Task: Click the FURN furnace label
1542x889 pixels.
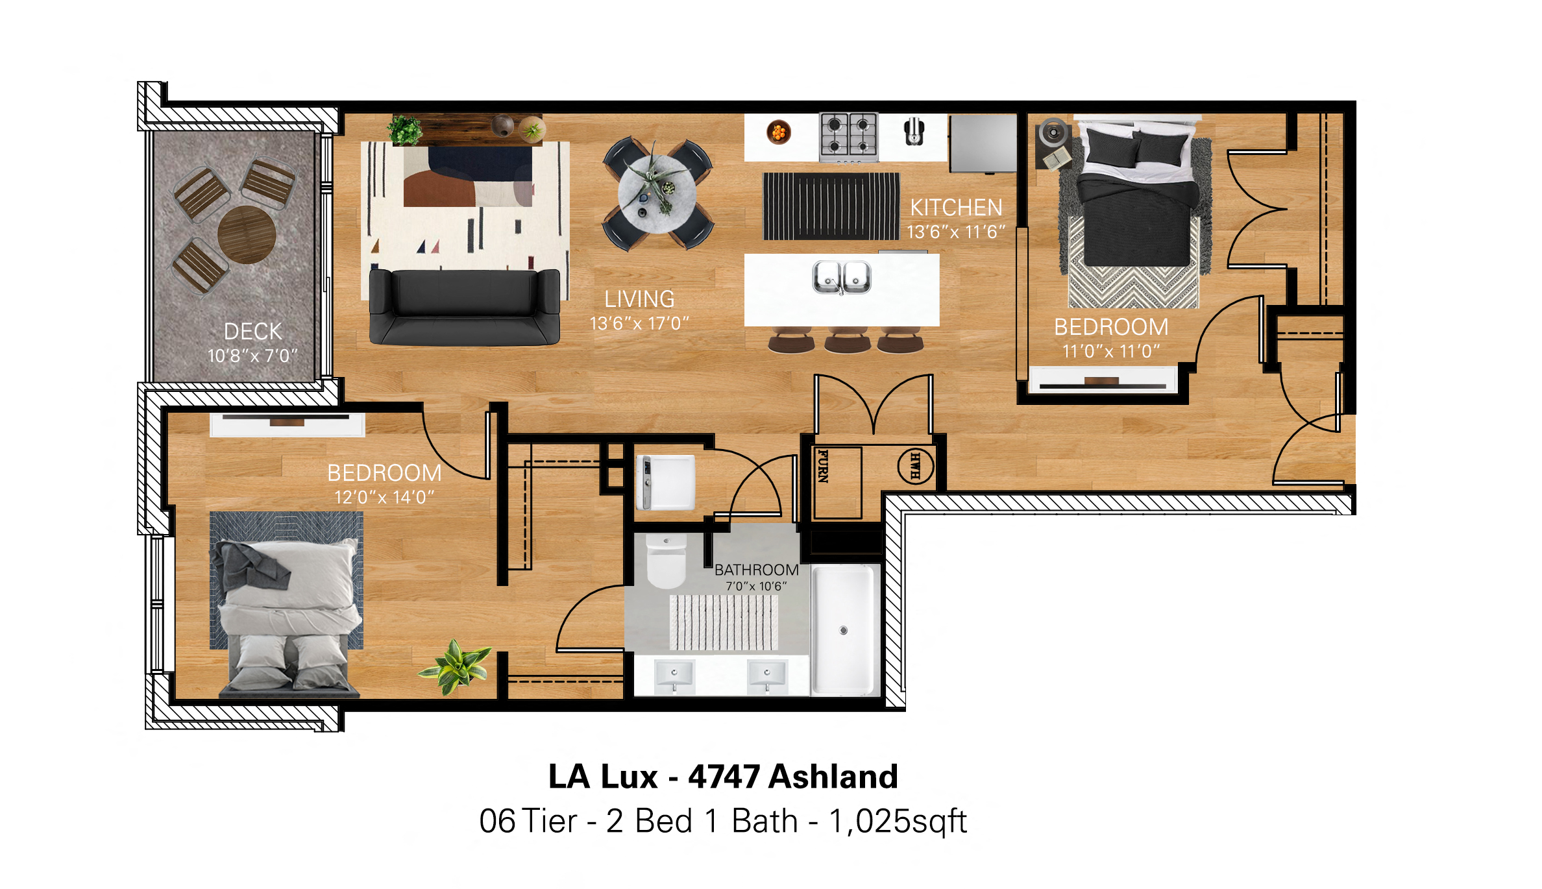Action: (x=823, y=466)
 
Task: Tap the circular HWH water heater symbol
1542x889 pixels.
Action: (x=916, y=466)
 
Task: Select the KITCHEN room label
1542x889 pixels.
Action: (x=956, y=208)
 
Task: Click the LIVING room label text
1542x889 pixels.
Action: (x=639, y=299)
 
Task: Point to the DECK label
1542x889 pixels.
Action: (x=253, y=332)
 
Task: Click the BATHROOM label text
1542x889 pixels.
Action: (x=757, y=570)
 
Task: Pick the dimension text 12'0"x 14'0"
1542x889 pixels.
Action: (x=384, y=497)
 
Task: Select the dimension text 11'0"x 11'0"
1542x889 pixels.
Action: (x=1111, y=351)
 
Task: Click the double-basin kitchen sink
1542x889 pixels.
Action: (x=842, y=277)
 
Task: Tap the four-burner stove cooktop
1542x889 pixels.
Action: (x=849, y=137)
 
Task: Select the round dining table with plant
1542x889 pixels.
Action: (x=657, y=193)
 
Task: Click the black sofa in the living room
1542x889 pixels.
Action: (x=465, y=306)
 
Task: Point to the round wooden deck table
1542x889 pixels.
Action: (x=247, y=234)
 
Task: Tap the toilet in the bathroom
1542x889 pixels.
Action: (x=667, y=561)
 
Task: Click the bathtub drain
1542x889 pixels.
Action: (x=844, y=630)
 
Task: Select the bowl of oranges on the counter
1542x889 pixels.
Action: (x=778, y=132)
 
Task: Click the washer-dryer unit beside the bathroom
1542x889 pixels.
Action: (x=665, y=482)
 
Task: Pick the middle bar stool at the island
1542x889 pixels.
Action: (x=848, y=341)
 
